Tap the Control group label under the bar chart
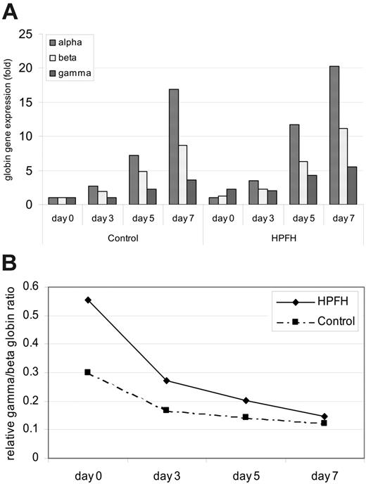[x=122, y=238]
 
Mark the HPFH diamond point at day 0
[x=87, y=300]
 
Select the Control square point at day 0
[x=87, y=372]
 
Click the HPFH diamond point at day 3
[x=167, y=381]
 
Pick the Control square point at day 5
[x=245, y=416]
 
